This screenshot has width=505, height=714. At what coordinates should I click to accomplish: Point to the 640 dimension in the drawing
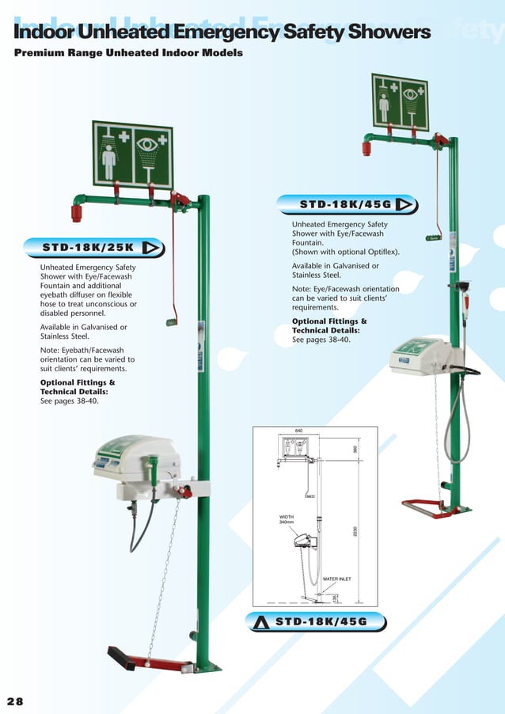299,431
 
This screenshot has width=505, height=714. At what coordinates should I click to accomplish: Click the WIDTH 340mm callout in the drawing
287,519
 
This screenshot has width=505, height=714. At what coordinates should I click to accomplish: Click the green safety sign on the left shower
132,154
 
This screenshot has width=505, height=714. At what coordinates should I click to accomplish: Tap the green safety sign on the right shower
400,102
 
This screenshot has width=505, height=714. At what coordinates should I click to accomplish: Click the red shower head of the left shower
77,212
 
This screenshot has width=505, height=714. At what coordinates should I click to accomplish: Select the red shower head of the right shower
366,147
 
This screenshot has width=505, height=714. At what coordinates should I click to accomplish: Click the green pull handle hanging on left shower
169,321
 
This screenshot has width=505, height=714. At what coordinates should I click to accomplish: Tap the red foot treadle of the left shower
150,661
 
